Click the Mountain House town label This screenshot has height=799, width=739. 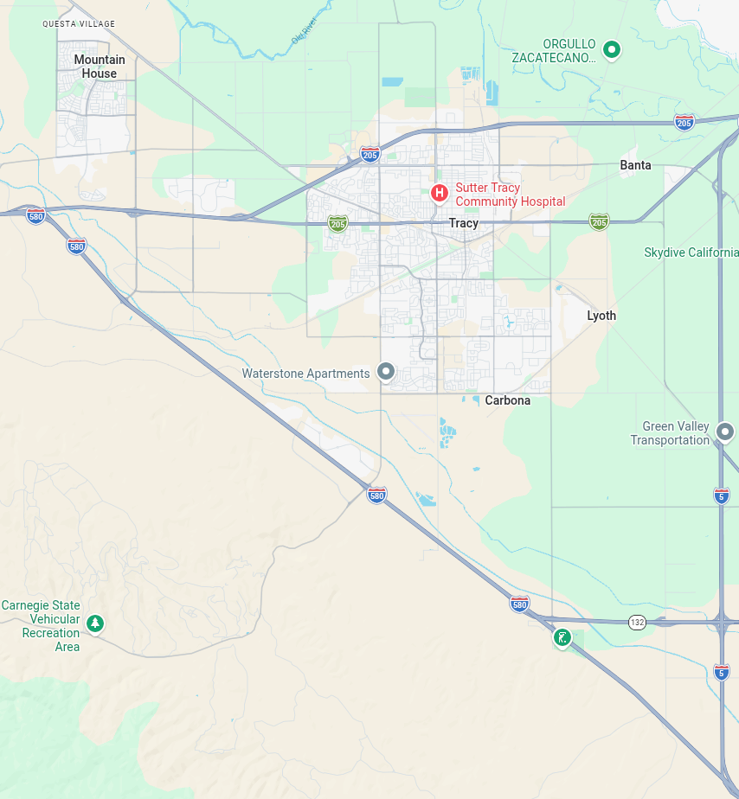100,67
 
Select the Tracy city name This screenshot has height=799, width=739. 463,223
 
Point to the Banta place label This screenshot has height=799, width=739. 635,165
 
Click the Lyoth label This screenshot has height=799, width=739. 601,316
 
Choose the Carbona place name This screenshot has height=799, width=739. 507,400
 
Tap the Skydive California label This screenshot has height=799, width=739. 691,252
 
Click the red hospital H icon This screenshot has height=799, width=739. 440,193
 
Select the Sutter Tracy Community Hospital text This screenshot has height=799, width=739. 510,195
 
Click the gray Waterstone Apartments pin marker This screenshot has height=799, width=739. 386,372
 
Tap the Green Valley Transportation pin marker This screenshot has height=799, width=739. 725,431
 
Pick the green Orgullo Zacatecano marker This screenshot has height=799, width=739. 612,49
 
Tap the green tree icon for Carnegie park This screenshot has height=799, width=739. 95,623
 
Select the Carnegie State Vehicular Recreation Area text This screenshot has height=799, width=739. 41,626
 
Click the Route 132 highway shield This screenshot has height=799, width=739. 638,622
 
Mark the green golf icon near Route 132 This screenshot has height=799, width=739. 562,638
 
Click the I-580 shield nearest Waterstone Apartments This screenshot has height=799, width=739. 376,495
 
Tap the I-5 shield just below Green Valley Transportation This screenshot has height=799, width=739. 721,495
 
